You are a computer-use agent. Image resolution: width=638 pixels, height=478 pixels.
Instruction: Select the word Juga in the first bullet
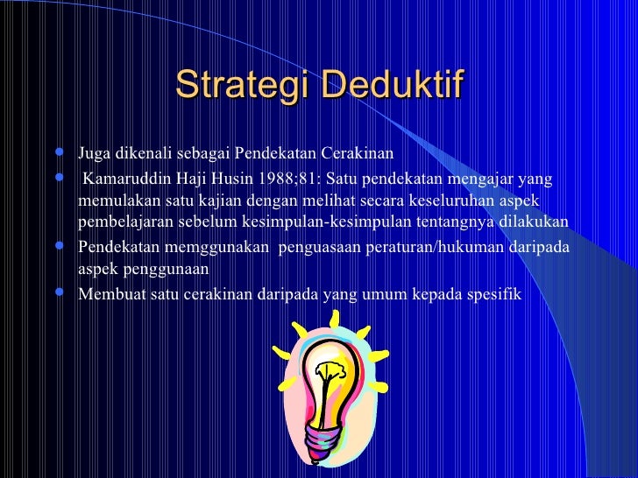point(93,156)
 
